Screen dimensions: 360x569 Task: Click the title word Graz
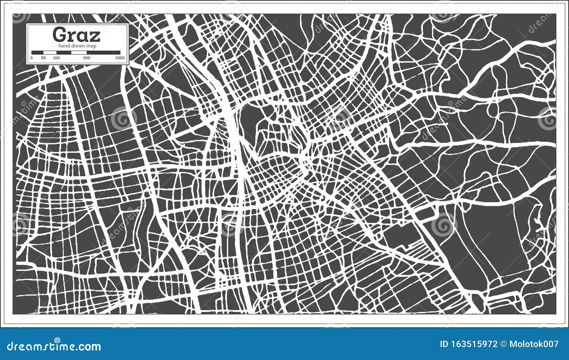click(76, 35)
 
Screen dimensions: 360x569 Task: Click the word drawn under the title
click(78, 46)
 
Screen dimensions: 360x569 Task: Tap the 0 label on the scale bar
click(31, 58)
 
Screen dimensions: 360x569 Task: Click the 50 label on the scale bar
click(43, 58)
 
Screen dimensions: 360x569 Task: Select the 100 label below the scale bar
click(56, 58)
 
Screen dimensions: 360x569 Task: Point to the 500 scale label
click(86, 58)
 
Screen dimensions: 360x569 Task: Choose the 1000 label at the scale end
click(120, 58)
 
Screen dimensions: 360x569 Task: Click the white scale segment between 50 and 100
click(50, 53)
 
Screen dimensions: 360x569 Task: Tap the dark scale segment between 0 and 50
click(37, 53)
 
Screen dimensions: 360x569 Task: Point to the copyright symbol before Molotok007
click(504, 344)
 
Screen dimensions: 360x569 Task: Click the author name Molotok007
click(534, 344)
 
